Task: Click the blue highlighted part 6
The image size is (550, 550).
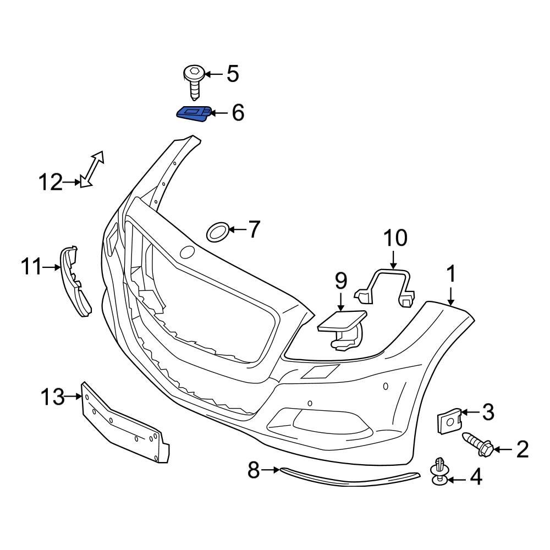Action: pyautogui.click(x=192, y=113)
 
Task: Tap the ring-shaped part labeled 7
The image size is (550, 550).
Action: pyautogui.click(x=217, y=232)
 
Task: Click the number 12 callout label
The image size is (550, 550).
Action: pyautogui.click(x=51, y=182)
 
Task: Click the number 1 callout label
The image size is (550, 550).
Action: pyautogui.click(x=451, y=274)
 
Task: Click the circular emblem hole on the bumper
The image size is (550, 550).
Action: pyautogui.click(x=188, y=252)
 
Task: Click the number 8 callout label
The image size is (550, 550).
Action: pyautogui.click(x=254, y=470)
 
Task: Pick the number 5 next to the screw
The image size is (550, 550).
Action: pyautogui.click(x=233, y=74)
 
